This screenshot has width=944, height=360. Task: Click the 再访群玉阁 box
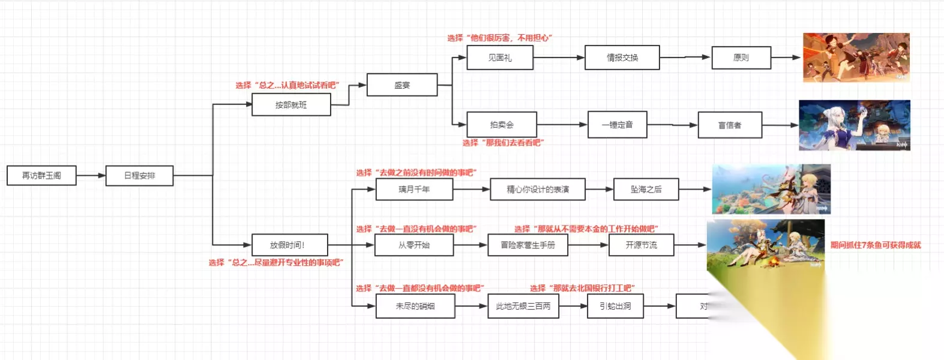(x=41, y=175)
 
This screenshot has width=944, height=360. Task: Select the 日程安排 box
(x=139, y=175)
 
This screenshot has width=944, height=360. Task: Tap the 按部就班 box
(x=291, y=105)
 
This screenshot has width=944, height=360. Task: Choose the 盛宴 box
(x=402, y=85)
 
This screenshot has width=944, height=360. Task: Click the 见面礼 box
(x=499, y=58)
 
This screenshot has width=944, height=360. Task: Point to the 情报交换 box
(x=622, y=58)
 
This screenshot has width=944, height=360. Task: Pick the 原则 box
(x=741, y=58)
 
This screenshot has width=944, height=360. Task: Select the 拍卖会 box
(x=502, y=125)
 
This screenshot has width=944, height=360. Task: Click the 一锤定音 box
(x=617, y=125)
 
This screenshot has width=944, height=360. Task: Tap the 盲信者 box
(x=730, y=125)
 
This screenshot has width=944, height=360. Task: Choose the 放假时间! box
(x=290, y=245)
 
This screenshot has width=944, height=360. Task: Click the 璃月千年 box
(x=414, y=189)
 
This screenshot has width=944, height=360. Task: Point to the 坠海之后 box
(x=646, y=189)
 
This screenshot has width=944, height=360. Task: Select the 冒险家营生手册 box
(x=528, y=245)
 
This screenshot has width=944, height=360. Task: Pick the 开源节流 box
(x=641, y=245)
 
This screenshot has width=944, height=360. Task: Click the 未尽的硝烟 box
(x=415, y=306)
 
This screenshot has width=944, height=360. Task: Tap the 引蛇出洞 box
(x=615, y=306)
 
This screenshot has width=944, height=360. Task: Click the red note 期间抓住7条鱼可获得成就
(x=875, y=245)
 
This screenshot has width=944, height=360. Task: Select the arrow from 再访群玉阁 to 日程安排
(x=91, y=175)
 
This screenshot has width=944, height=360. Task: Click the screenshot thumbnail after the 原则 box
(x=856, y=58)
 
